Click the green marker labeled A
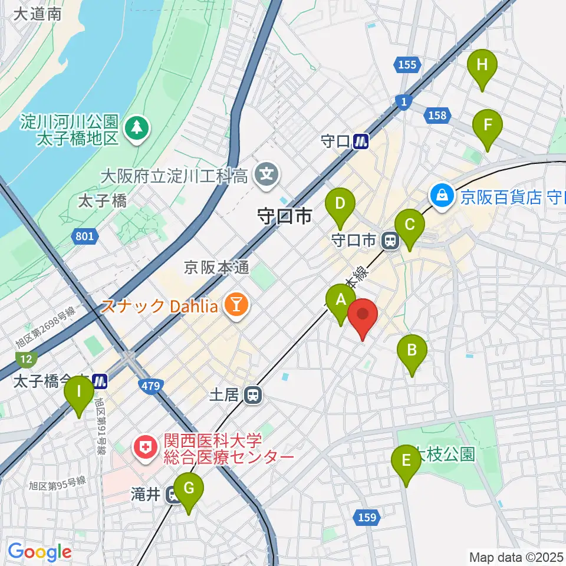(341, 300)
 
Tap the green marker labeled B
(412, 350)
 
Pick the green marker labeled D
(340, 204)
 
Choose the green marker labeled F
(488, 126)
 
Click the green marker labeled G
(189, 489)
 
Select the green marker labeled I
(78, 391)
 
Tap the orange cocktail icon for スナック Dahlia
(237, 305)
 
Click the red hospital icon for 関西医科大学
(144, 449)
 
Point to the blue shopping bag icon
(442, 195)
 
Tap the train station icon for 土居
(253, 394)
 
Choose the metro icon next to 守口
(361, 141)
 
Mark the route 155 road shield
(407, 65)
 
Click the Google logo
(40, 552)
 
